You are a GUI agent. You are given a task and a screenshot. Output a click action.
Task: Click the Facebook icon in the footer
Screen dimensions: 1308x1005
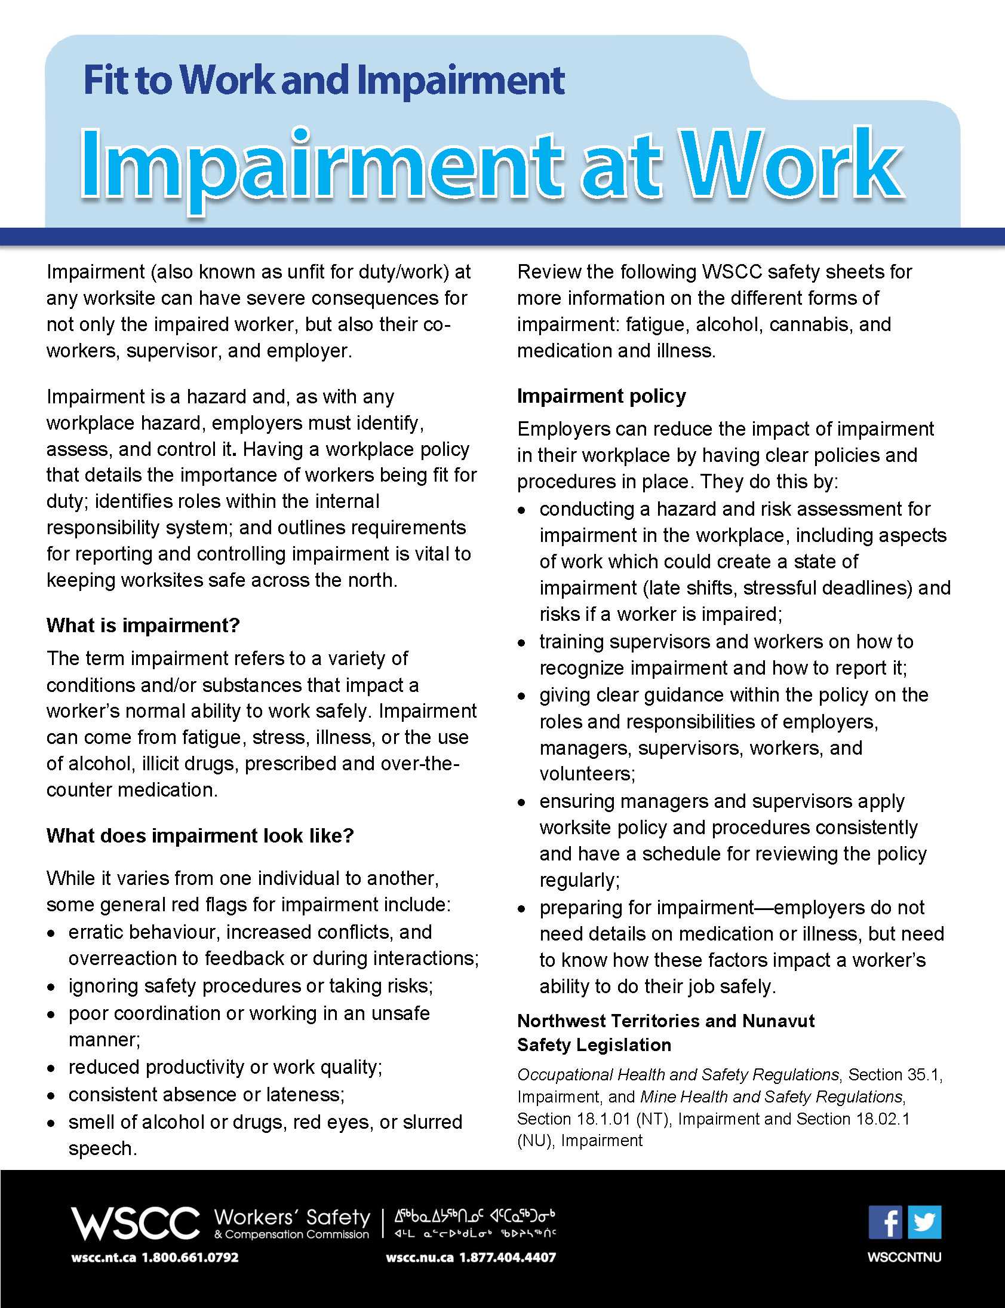pos(886,1223)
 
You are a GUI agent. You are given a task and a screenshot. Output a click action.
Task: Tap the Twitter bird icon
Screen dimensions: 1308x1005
pos(924,1223)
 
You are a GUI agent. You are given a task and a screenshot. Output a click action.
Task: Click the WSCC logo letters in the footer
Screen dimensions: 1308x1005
pos(135,1223)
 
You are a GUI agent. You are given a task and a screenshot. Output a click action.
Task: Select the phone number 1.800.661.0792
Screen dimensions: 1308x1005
pos(190,1258)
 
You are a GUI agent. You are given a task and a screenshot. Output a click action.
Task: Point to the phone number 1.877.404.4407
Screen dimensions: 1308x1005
pos(508,1258)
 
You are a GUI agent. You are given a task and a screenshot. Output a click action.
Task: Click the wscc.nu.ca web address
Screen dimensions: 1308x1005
pos(419,1258)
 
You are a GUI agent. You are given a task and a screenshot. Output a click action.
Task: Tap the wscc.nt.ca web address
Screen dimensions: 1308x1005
pos(103,1258)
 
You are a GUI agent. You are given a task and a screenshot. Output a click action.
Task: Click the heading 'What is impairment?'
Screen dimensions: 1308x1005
pos(143,626)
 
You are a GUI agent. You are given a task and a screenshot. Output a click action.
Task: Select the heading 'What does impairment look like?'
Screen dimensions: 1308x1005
pos(201,836)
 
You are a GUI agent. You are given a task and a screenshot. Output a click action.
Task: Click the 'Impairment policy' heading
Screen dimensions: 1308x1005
pos(601,396)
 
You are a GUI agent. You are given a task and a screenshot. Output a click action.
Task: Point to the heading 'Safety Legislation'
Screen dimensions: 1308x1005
pos(594,1045)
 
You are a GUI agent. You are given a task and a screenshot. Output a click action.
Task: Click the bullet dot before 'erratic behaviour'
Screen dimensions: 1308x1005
pos(51,933)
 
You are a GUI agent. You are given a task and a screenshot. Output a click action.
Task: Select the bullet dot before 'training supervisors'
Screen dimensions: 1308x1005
pos(522,643)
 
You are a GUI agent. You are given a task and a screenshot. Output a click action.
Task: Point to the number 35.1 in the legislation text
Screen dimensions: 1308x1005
pos(923,1075)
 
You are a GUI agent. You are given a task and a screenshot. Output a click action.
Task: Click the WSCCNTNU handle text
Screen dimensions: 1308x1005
pos(904,1257)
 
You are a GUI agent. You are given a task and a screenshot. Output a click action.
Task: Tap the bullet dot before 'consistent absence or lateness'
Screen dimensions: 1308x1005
pos(51,1096)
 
